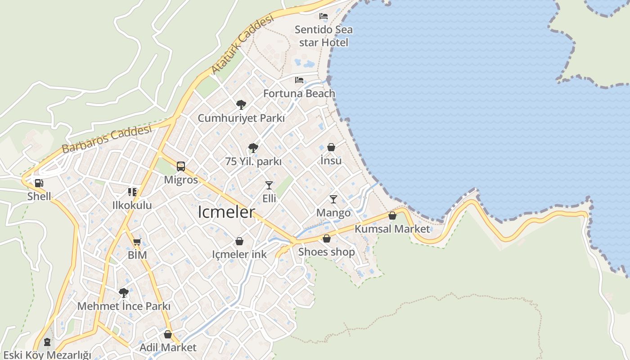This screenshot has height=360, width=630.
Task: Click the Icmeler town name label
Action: (226, 212)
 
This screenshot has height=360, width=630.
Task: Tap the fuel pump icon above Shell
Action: (39, 183)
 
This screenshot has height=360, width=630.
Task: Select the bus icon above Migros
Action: (181, 166)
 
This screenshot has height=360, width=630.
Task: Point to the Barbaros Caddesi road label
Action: (106, 139)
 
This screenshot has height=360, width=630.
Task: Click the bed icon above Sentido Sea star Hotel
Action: (324, 16)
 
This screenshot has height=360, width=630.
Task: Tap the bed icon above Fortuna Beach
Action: (299, 80)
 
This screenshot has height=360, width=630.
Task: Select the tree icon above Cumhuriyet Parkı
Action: (241, 105)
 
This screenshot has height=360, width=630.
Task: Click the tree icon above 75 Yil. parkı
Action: (253, 148)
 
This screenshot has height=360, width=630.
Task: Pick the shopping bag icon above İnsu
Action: (331, 147)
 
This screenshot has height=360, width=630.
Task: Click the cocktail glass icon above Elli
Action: (269, 185)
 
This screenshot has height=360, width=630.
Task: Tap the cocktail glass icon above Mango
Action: (333, 199)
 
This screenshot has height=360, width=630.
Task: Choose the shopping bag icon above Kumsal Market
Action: (392, 216)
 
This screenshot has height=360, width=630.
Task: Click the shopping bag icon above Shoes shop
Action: (327, 238)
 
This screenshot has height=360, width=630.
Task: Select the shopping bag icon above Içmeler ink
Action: (239, 241)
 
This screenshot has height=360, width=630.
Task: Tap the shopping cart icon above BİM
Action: (137, 242)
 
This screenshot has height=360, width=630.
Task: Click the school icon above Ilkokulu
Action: (132, 192)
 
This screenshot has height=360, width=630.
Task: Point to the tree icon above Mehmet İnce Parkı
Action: (124, 293)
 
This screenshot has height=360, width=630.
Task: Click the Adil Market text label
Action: (168, 347)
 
